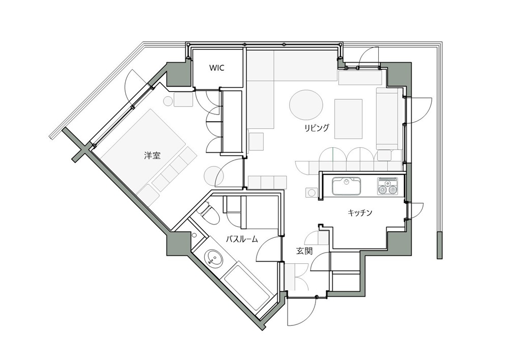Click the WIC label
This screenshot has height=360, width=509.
pyautogui.click(x=216, y=68)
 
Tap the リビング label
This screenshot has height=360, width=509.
pyautogui.click(x=317, y=128)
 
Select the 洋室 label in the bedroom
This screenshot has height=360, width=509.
pyautogui.click(x=152, y=155)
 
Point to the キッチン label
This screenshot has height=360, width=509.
pyautogui.click(x=360, y=213)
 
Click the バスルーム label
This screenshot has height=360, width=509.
pyautogui.click(x=242, y=239)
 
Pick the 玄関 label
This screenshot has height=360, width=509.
pyautogui.click(x=304, y=251)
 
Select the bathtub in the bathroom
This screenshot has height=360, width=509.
pyautogui.click(x=247, y=288)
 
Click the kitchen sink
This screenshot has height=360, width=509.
pyautogui.click(x=346, y=186)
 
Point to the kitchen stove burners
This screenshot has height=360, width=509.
pyautogui.click(x=387, y=186)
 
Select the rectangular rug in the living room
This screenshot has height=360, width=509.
pyautogui.click(x=348, y=119)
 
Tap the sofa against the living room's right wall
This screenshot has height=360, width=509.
pyautogui.click(x=387, y=118)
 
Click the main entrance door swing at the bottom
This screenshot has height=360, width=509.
pyautogui.click(x=302, y=311)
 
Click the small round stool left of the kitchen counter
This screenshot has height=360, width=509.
pyautogui.click(x=312, y=192)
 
